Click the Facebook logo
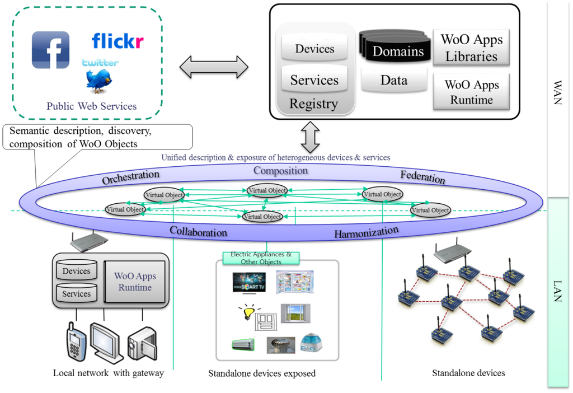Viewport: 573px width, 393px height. click(50, 50)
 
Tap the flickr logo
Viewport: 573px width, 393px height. click(118, 41)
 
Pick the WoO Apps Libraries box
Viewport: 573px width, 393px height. click(471, 48)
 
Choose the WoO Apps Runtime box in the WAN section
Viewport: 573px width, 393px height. click(471, 92)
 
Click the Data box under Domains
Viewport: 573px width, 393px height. click(393, 80)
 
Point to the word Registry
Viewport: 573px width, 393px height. click(313, 104)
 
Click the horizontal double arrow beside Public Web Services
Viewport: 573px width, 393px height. click(214, 67)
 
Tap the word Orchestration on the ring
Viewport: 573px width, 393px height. click(130, 177)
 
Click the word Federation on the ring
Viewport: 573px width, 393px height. click(422, 177)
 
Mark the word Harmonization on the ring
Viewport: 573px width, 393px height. click(367, 232)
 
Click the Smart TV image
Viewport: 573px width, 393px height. click(249, 282)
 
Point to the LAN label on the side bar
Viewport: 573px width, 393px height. click(557, 291)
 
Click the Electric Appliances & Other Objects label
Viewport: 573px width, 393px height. click(261, 258)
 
